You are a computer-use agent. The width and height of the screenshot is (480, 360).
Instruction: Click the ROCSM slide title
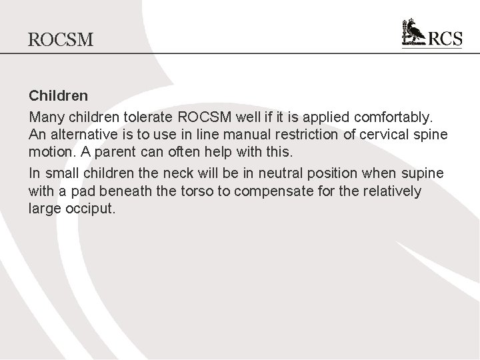tap(61, 40)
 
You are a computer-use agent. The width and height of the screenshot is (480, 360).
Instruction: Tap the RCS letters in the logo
tap(443, 39)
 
